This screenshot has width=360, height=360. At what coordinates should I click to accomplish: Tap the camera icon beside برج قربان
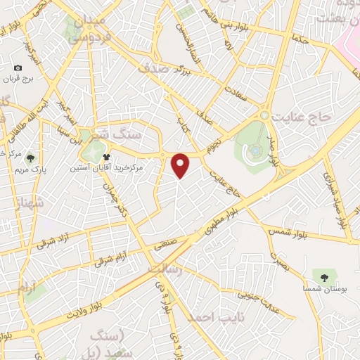click(x=18, y=68)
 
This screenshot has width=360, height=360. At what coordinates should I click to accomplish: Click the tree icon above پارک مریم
click(x=28, y=159)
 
